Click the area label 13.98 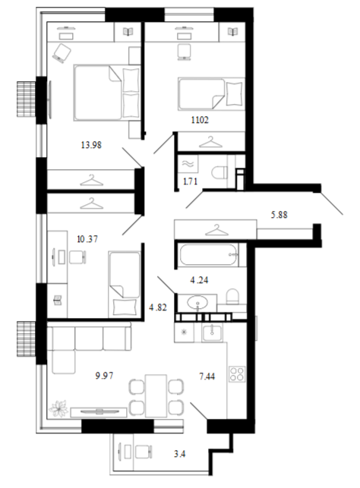pyautogui.click(x=91, y=145)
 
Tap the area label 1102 pyautogui.click(x=200, y=120)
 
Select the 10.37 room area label pyautogui.click(x=87, y=239)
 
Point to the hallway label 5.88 pyautogui.click(x=279, y=215)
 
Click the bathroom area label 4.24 pyautogui.click(x=199, y=280)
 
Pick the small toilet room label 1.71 pyautogui.click(x=190, y=181)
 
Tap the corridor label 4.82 pyautogui.click(x=158, y=307)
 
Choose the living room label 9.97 pyautogui.click(x=104, y=376)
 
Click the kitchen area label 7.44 pyautogui.click(x=207, y=376)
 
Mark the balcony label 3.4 pyautogui.click(x=180, y=454)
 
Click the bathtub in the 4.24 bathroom pyautogui.click(x=209, y=255)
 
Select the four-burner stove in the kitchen pyautogui.click(x=237, y=374)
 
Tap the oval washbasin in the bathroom pyautogui.click(x=197, y=301)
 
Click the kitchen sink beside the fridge pyautogui.click(x=212, y=333)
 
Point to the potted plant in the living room pyautogui.click(x=59, y=408)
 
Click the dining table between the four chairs pyautogui.click(x=156, y=395)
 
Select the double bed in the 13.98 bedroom pyautogui.click(x=107, y=93)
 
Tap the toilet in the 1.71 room pyautogui.click(x=219, y=172)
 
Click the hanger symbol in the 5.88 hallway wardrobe pyautogui.click(x=216, y=230)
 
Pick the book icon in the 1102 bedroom pyautogui.click(x=232, y=31)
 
